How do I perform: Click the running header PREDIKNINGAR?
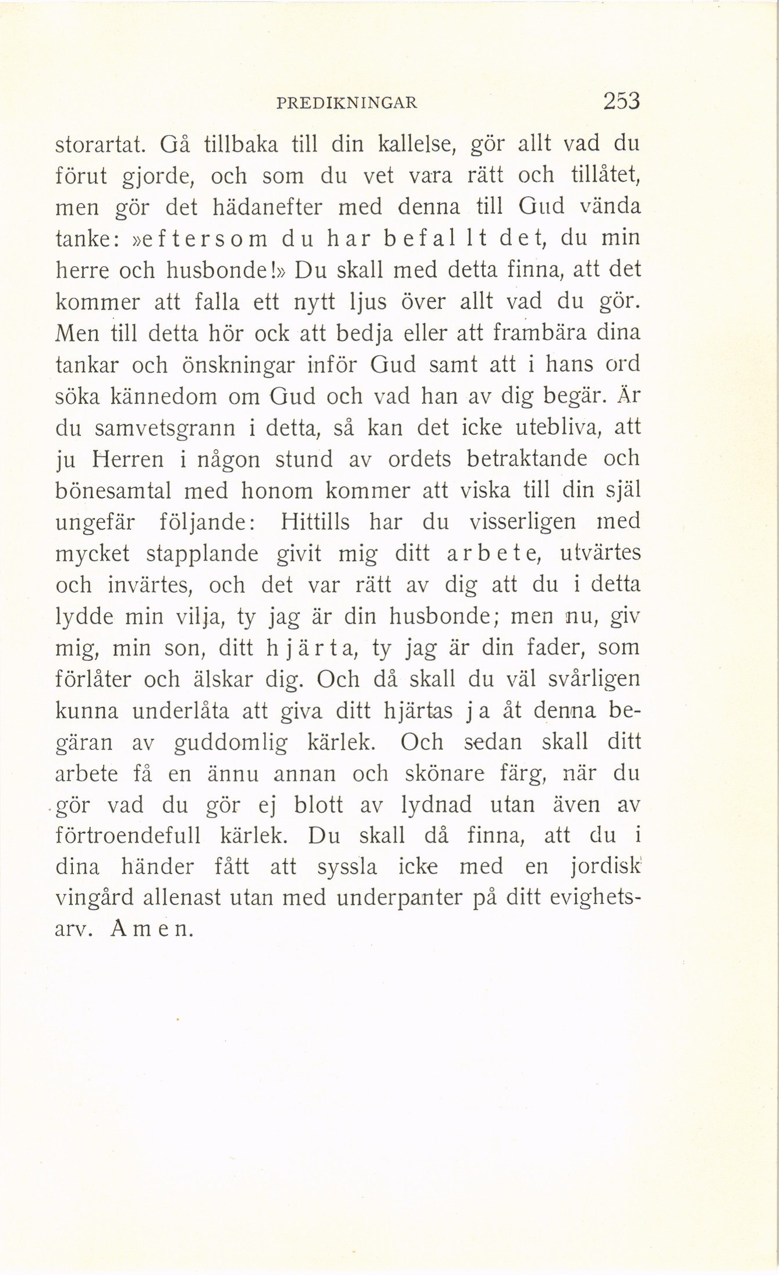[x=347, y=103]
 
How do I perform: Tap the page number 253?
[x=622, y=101]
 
